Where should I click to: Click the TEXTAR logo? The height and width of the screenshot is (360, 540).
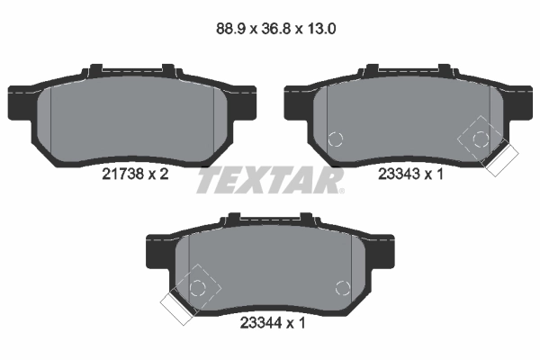tap(269, 181)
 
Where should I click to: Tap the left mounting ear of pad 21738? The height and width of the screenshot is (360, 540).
tap(19, 102)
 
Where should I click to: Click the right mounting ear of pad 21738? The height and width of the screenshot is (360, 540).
tap(247, 102)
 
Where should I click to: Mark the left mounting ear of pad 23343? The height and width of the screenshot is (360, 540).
tap(295, 102)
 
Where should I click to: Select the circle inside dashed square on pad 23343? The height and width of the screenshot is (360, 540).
tap(481, 139)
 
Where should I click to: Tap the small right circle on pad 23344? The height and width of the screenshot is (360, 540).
tap(342, 288)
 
